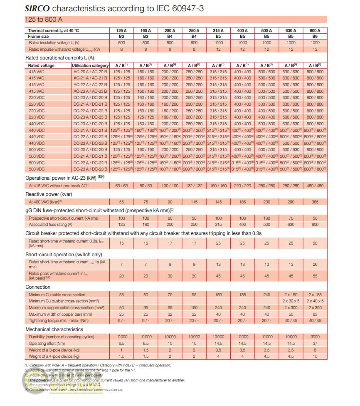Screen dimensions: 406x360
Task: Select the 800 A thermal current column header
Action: (x=315, y=30)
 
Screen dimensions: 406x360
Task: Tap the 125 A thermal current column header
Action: (x=122, y=30)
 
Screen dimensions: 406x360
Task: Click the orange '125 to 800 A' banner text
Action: (x=44, y=20)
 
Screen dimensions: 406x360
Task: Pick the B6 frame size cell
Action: (x=315, y=37)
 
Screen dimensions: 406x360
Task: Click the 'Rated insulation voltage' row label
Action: (x=54, y=43)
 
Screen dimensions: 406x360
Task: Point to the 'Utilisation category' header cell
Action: (x=90, y=66)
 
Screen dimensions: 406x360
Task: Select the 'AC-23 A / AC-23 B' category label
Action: (x=90, y=91)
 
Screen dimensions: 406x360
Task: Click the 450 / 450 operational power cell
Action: (x=315, y=186)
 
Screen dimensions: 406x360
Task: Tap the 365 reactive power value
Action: (x=315, y=202)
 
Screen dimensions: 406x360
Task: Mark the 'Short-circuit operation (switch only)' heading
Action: (x=64, y=254)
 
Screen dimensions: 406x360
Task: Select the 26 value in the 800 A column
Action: (x=315, y=264)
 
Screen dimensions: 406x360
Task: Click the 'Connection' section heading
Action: (x=38, y=287)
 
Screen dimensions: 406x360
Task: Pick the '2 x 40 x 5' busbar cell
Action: (x=315, y=301)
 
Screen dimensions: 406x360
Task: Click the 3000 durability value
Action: (x=315, y=337)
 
